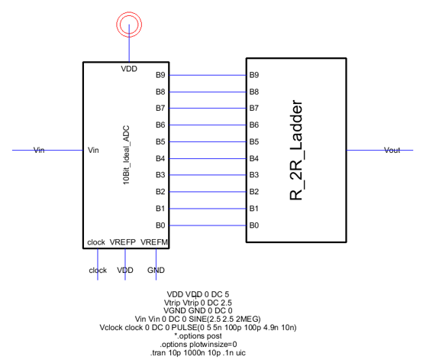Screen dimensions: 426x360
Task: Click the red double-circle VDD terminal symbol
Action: coord(129,12)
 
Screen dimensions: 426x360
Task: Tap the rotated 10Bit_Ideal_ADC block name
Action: coord(126,155)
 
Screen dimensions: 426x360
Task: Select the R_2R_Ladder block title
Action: coord(296,150)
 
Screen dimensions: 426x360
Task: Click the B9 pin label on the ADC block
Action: coord(160,75)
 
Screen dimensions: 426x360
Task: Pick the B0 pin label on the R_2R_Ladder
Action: coord(254,225)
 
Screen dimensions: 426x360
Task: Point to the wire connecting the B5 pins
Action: coord(208,141)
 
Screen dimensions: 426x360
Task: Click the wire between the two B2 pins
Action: coord(208,192)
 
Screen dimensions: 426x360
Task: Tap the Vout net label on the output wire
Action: coord(392,150)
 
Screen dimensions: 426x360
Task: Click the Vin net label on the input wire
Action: coord(39,150)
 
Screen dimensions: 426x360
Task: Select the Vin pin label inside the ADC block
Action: coord(93,150)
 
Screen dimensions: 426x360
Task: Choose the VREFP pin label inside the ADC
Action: coord(122,242)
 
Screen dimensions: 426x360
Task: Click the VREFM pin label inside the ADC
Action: coord(154,242)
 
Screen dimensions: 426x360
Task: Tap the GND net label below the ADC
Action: coord(156,270)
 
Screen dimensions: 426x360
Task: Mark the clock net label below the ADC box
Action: coord(98,271)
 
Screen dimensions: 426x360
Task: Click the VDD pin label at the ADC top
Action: coord(129,69)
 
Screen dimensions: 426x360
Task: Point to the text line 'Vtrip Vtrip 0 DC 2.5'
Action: coord(198,303)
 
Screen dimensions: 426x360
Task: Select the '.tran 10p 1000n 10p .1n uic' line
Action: coord(198,353)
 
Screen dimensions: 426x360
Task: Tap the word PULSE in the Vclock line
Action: coord(184,327)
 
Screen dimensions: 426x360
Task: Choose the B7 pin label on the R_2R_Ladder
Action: coord(254,108)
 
